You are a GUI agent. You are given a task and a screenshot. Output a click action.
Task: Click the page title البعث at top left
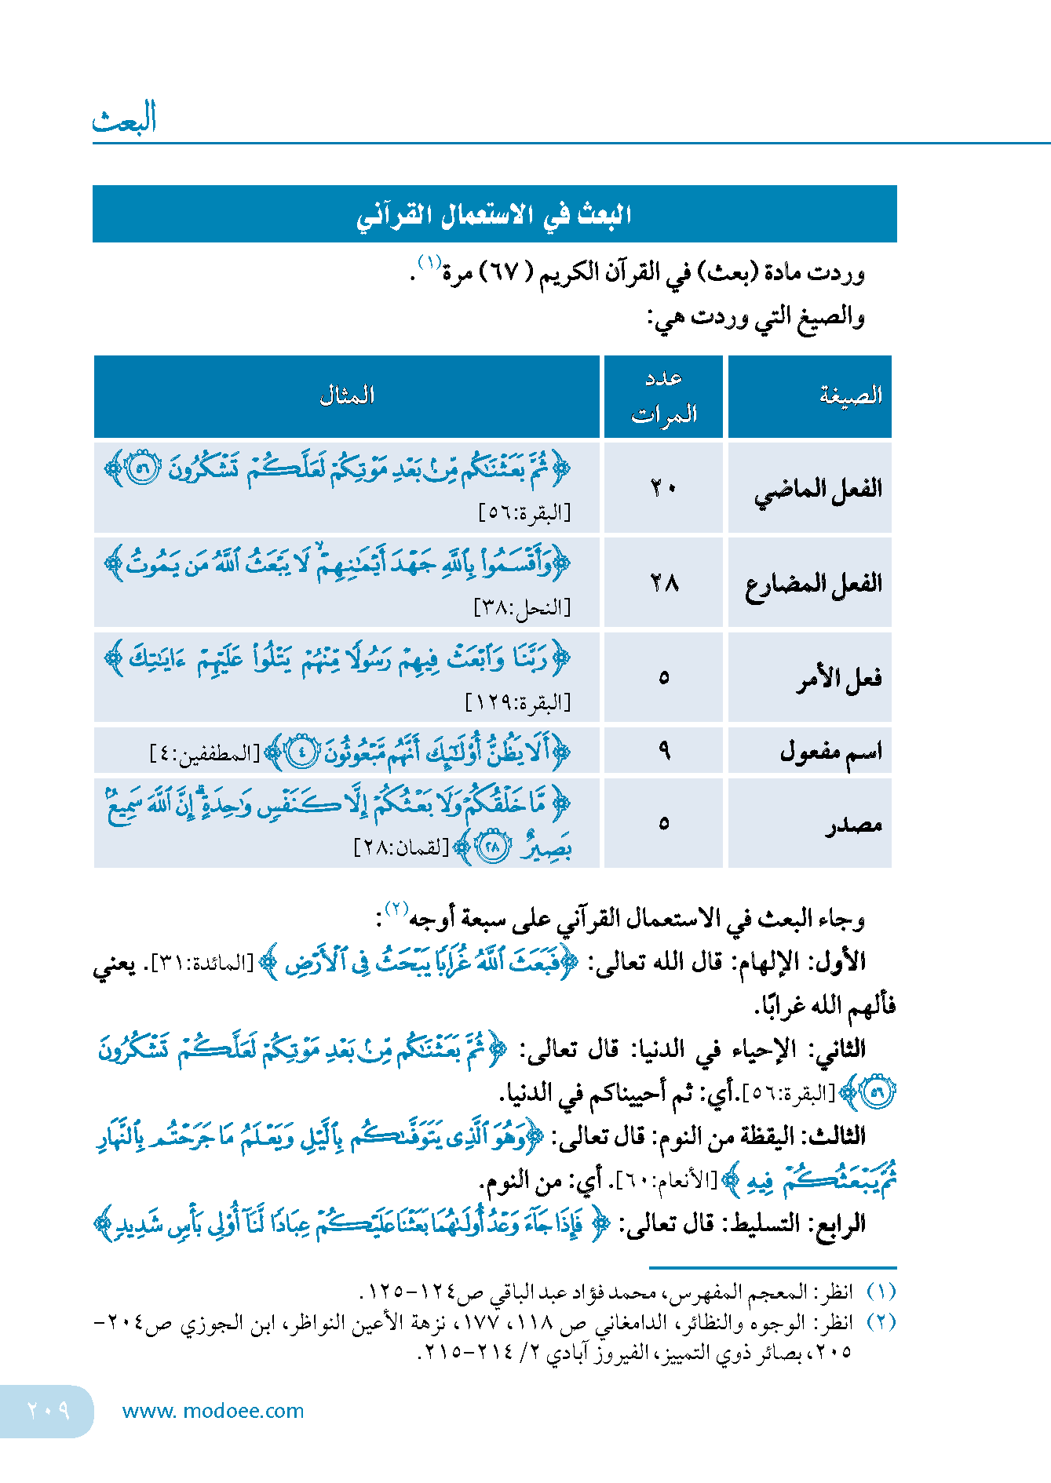pos(124,118)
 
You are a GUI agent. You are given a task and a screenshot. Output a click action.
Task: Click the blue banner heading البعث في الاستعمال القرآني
pos(494,214)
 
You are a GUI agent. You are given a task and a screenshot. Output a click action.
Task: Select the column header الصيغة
pos(851,395)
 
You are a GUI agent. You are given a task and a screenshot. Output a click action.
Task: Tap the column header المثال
pos(346,395)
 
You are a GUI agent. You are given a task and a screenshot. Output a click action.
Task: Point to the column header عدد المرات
pos(664,396)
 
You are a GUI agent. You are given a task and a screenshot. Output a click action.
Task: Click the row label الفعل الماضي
pos(818,490)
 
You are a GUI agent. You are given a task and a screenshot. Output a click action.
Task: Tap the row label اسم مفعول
pos(830,752)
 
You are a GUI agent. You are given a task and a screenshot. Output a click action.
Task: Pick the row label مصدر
pos(853,824)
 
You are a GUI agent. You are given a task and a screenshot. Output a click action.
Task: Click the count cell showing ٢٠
pos(663,489)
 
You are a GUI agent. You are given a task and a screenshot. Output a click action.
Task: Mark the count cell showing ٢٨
pos(663,583)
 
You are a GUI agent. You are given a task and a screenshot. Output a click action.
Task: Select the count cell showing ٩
pos(664,752)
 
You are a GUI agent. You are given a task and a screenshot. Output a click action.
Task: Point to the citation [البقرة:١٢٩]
pos(518,702)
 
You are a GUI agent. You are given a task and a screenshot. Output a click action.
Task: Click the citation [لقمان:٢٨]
pos(401,848)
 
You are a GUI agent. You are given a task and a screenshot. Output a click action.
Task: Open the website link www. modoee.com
pos(213,1411)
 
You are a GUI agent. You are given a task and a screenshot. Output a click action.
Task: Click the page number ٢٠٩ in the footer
pos(48,1411)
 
